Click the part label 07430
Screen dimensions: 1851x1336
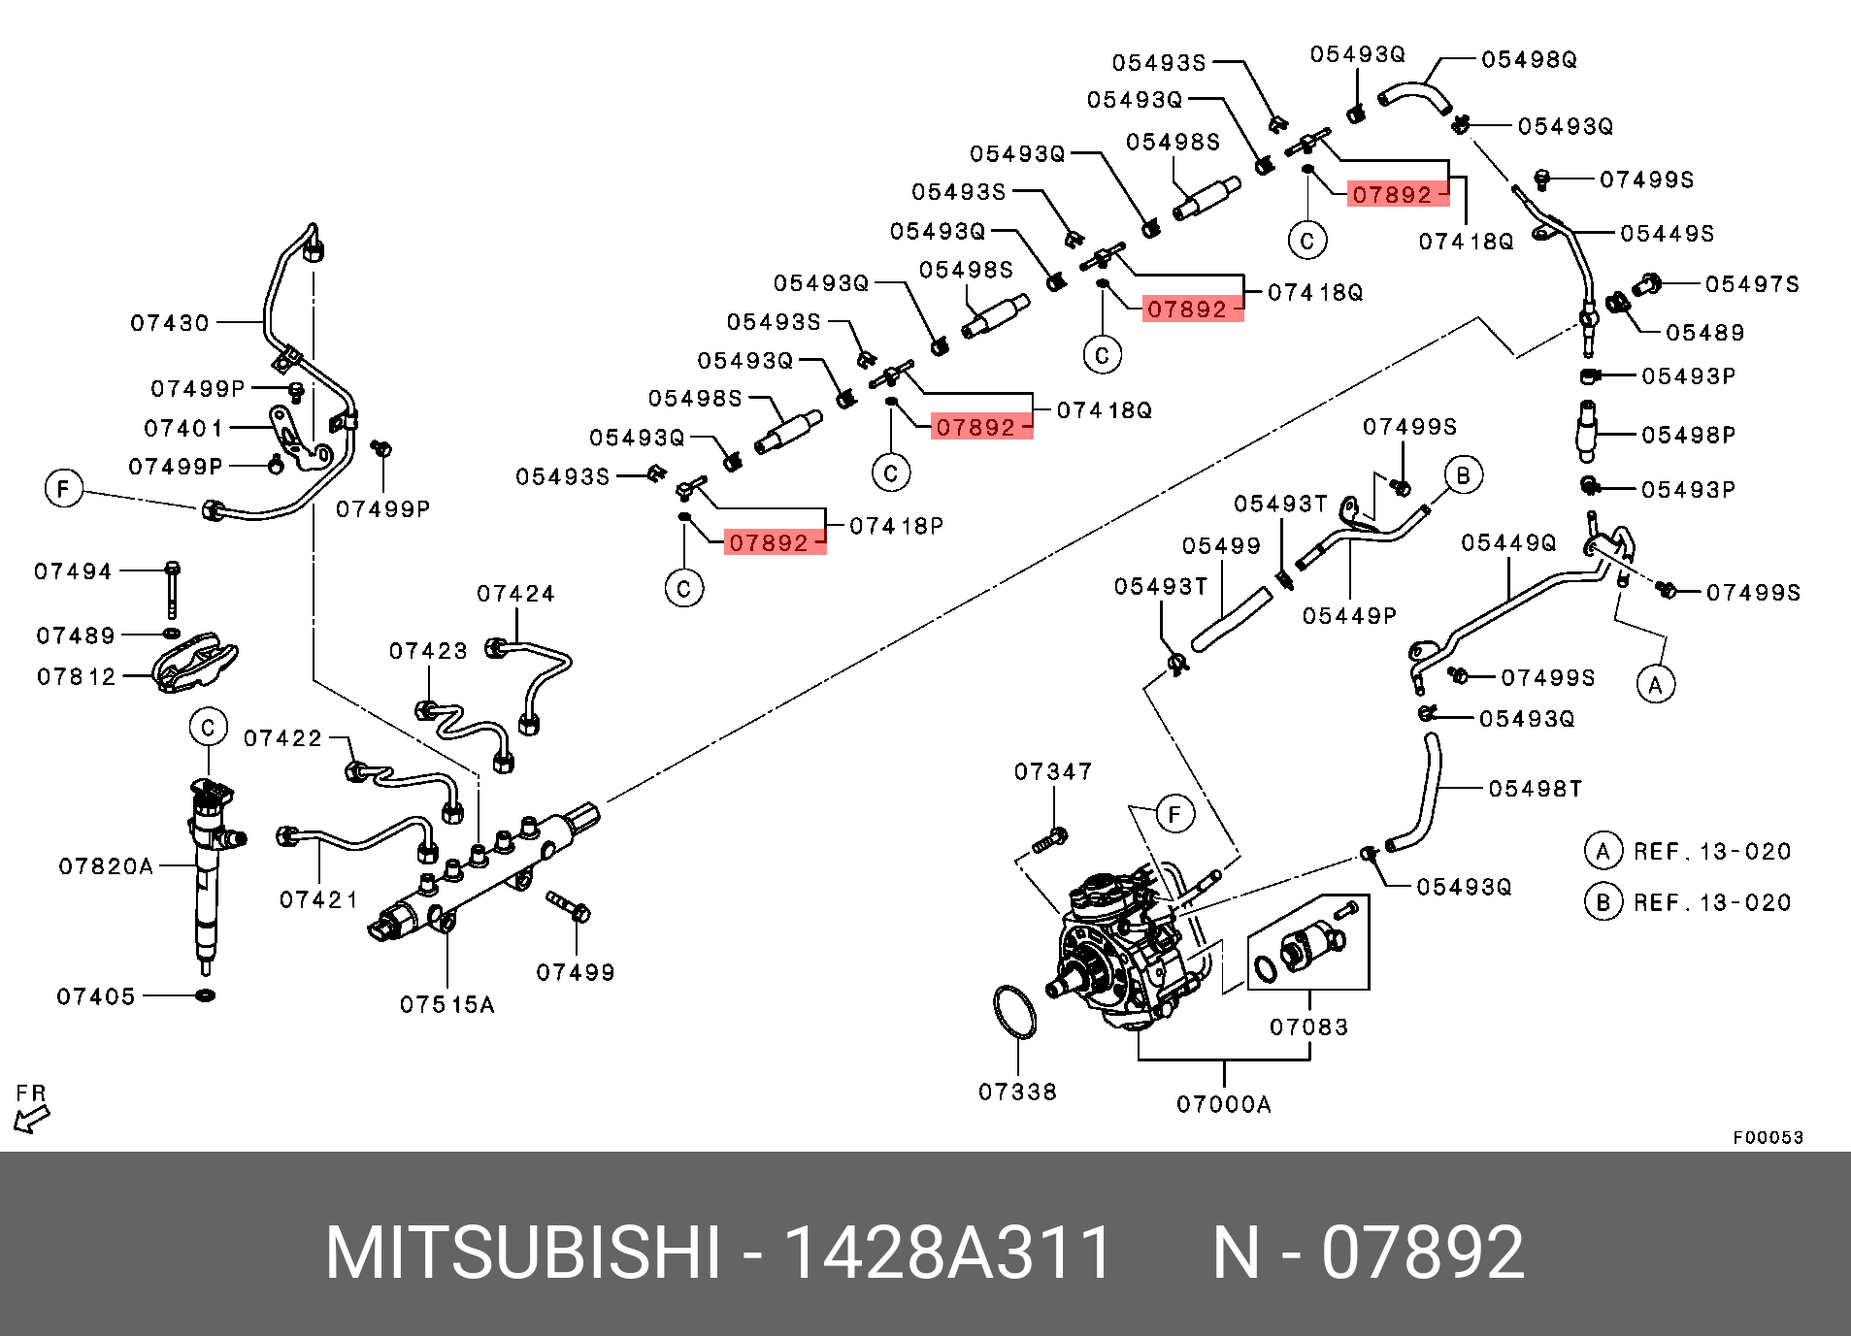(x=170, y=323)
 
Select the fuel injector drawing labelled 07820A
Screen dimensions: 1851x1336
(x=207, y=873)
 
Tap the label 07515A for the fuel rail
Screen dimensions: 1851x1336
(x=446, y=1005)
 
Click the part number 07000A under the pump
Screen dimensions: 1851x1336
(x=1223, y=1104)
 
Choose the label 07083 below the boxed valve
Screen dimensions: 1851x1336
(x=1308, y=1026)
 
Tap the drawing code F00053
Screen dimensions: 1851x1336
(x=1768, y=1137)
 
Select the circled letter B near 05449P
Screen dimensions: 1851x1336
(x=1463, y=475)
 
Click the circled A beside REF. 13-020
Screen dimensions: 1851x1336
(x=1603, y=851)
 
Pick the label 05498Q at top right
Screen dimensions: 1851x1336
(x=1529, y=60)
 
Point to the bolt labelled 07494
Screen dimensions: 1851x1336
(x=173, y=587)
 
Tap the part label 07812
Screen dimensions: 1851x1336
(x=76, y=676)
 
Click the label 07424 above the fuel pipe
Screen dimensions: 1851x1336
(x=515, y=594)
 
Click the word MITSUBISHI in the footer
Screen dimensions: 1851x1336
(x=523, y=1253)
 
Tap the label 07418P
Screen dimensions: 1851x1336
(x=896, y=526)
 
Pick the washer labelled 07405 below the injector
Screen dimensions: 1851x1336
(x=205, y=995)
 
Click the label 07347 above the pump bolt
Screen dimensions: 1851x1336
(x=1053, y=771)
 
